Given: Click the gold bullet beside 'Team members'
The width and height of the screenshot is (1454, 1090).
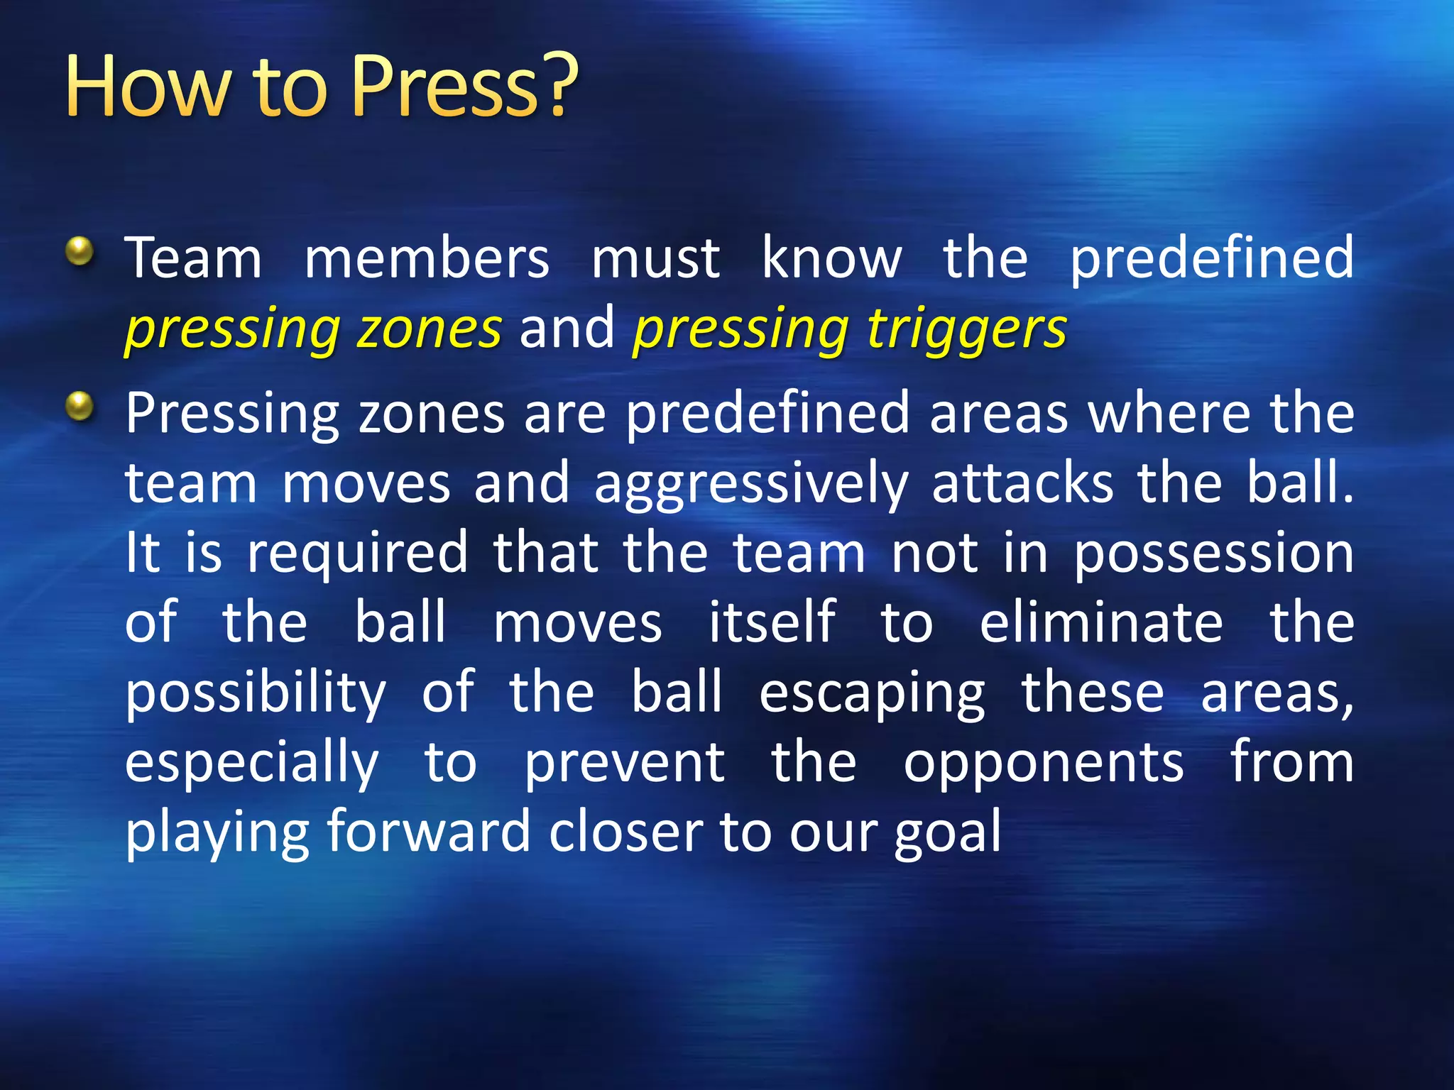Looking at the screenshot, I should coord(80,251).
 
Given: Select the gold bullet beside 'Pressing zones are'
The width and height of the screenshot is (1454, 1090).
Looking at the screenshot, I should coord(80,407).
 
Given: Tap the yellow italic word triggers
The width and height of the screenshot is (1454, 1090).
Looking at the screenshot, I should coord(967,330).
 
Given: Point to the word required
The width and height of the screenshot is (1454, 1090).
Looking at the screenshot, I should coord(357,554).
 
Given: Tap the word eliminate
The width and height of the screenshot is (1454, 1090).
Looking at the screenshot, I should coord(1101,622).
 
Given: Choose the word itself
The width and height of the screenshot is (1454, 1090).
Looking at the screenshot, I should coord(772,622).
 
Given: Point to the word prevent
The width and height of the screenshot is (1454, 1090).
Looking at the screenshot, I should coord(624,763).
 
